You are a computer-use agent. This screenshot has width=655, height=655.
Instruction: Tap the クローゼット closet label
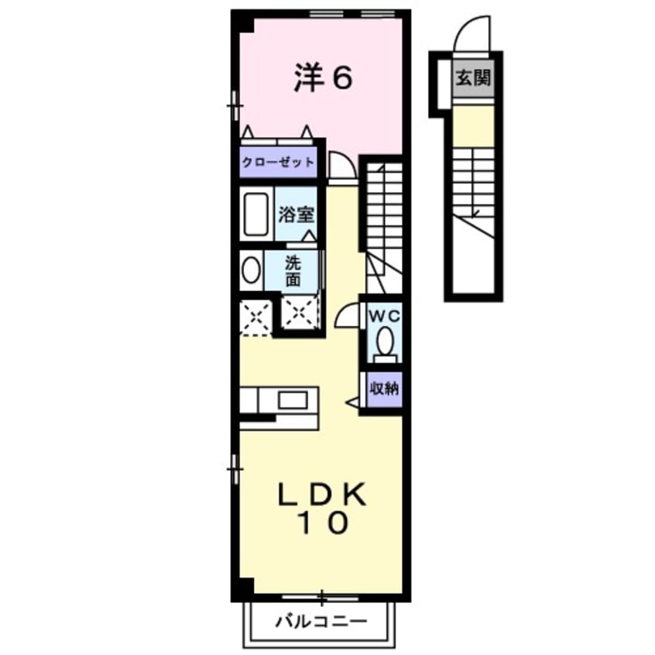278,162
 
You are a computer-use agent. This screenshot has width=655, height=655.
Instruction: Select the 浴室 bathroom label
297,213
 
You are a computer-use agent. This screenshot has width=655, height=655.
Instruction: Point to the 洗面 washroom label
292,270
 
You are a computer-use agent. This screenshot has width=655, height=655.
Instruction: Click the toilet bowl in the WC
383,341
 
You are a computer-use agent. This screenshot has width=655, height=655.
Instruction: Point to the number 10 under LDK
323,524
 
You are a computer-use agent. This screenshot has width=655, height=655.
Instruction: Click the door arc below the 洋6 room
341,165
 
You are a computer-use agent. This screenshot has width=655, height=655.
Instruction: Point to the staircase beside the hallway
382,213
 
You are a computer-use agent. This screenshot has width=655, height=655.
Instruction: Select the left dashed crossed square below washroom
255,317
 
